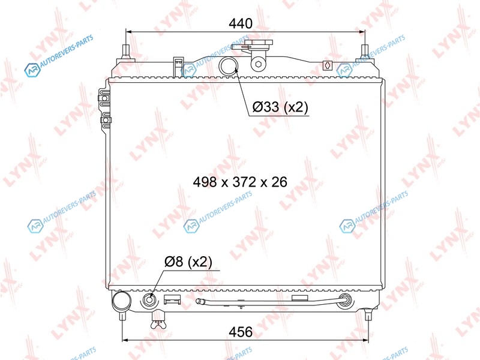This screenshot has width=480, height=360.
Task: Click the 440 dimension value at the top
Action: coord(241,23)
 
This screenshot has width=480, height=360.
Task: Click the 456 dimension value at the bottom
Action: coord(241,332)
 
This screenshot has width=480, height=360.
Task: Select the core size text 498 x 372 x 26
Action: coord(240,182)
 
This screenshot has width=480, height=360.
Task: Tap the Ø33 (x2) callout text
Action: coord(280,107)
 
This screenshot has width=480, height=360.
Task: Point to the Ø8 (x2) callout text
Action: coord(188,262)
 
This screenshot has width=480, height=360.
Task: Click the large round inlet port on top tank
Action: coord(229,66)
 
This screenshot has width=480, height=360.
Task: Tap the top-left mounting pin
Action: coord(126,52)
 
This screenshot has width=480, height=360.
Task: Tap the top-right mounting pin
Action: coord(365,52)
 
